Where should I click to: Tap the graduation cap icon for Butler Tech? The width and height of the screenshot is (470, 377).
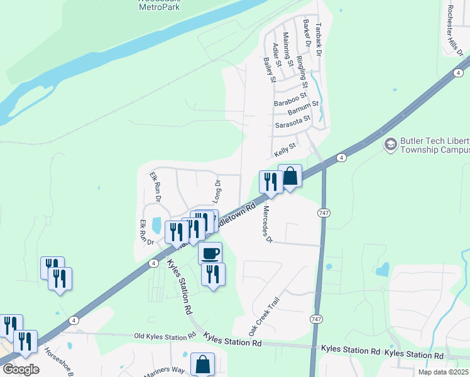click(x=390, y=145)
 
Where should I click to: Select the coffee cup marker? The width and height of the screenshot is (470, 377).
click(x=210, y=253)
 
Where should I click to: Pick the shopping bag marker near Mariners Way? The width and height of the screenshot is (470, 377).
click(x=202, y=364)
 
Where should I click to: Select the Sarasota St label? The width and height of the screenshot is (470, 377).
click(x=293, y=121)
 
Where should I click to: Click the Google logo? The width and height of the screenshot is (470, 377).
click(x=21, y=369)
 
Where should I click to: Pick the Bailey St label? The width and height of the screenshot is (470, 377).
click(x=270, y=70)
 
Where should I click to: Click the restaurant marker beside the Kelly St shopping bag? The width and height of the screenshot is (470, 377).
click(x=271, y=182)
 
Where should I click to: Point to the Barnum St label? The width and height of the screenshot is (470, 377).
click(x=303, y=111)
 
